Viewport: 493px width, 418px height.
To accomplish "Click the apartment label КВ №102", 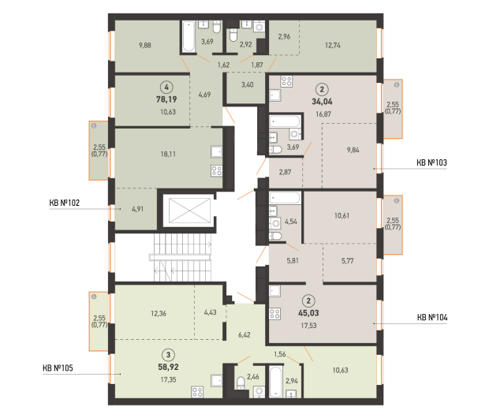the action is coord(65,203).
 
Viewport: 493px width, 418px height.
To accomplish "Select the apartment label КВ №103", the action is coord(431,162).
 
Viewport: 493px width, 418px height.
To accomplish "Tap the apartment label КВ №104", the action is coord(432,317).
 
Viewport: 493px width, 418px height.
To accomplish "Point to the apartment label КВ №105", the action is coord(58,368).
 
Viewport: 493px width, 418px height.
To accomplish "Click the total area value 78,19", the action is coord(166,99).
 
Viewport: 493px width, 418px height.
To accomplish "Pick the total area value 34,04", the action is coord(322,102).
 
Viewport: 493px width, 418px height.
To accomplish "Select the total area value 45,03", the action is coord(308,313).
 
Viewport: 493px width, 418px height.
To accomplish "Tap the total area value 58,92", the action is coord(168,367).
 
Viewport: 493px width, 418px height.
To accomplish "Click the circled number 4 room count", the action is coord(166,87).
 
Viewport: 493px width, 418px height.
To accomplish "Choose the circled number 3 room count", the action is coord(168,355).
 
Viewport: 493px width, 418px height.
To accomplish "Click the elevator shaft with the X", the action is coord(189,211).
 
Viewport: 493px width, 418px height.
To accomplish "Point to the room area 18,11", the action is coord(168,154).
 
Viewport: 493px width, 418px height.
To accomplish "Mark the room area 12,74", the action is coord(333,45).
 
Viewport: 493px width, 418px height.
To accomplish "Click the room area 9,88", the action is coord(145,45).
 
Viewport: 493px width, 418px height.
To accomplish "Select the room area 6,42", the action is coord(245,334).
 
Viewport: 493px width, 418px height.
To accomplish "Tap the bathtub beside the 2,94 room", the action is coord(276,381).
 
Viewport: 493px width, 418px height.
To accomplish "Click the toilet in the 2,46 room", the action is coord(241,383).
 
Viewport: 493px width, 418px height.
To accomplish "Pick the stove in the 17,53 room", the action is coord(275,314).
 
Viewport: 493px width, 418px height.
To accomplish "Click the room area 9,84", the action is coord(353,150).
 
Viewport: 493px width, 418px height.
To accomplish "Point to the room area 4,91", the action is coord(138,209).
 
